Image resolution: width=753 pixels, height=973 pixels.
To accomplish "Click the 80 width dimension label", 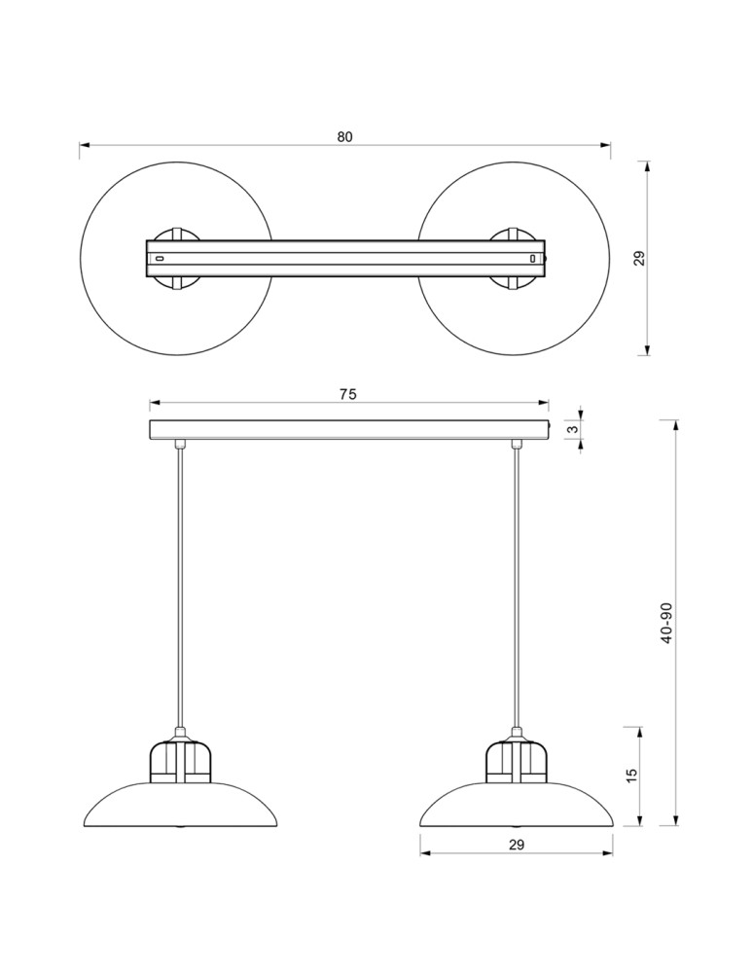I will tap(344, 137).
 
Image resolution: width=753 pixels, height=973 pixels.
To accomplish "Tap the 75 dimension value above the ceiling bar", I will tap(347, 394).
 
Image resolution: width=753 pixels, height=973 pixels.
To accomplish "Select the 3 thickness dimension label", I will tap(574, 428).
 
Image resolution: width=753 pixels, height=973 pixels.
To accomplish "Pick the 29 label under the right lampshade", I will tap(516, 845).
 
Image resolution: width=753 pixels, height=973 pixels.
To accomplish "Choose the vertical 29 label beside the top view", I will tap(639, 258).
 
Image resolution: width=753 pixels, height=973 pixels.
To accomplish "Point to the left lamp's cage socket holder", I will tap(180, 762).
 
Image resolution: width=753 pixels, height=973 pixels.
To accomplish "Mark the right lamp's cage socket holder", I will tap(516, 762).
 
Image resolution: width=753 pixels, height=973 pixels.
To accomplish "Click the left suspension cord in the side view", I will tap(180, 584).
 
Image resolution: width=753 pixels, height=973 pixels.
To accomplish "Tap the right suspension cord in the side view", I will tap(516, 584).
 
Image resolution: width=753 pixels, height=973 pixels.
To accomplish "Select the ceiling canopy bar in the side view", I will tap(347, 429).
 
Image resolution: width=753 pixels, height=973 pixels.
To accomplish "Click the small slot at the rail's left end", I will tap(160, 259).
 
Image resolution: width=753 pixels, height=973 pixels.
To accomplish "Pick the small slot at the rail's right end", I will tap(532, 259).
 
